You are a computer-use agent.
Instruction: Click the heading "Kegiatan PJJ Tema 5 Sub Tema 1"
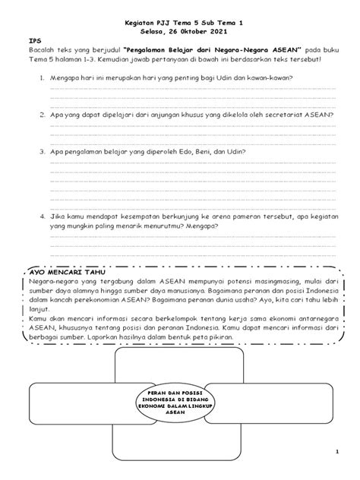(179, 24)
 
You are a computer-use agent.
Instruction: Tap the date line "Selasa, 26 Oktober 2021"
(179, 32)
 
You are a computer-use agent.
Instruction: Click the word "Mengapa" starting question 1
(64, 78)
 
